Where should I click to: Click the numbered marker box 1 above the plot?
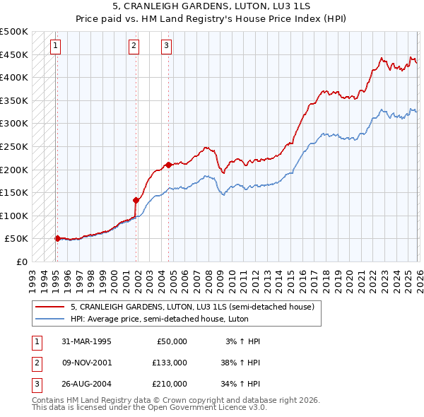(56, 47)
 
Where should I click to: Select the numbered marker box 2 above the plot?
(134, 47)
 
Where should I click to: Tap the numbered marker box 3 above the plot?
(167, 47)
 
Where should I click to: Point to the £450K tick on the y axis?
(14, 54)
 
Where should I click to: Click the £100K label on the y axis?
(14, 216)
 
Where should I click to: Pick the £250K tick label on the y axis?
(14, 146)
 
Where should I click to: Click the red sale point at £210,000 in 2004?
(169, 165)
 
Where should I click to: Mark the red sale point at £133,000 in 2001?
(136, 200)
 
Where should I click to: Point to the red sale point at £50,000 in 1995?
(58, 238)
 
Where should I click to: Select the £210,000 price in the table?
(169, 384)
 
